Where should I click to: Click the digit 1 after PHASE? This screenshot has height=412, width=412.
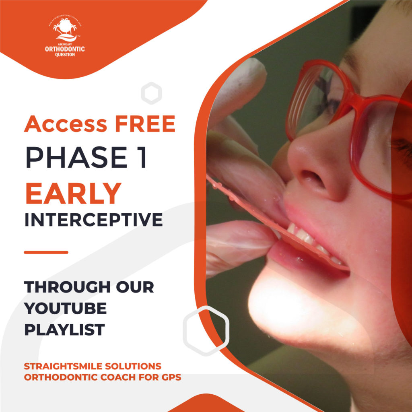[142, 157]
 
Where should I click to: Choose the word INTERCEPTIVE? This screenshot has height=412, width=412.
[93, 220]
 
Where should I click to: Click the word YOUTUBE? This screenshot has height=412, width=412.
[66, 309]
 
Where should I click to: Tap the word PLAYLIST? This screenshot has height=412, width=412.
[64, 330]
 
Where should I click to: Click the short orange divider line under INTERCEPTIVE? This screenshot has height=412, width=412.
[46, 252]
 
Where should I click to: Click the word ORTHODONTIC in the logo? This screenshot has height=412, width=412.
[65, 49]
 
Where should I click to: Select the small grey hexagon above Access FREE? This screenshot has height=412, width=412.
[151, 93]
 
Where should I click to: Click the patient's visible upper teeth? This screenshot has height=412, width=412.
[306, 235]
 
